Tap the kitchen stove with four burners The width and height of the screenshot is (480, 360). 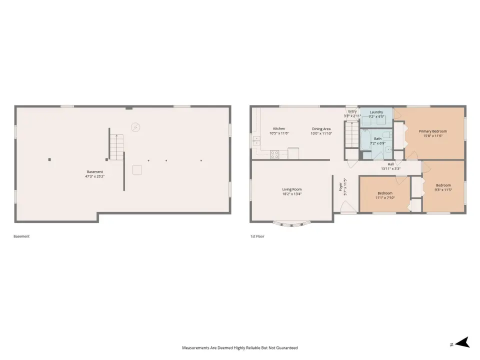click(274, 154)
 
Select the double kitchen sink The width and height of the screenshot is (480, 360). click(256, 141)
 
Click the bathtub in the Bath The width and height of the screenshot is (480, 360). click(364, 140)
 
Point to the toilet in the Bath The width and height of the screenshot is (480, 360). click(387, 134)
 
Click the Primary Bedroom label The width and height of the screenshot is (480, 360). click(432, 131)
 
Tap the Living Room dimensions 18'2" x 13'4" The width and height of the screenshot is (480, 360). click(291, 194)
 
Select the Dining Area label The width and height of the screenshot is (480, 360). click(321, 129)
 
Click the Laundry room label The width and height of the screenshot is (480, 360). click(376, 112)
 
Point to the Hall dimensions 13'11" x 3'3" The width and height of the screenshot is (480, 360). click(390, 168)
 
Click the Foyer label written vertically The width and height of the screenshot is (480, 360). click(340, 186)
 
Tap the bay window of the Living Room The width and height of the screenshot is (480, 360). click(291, 224)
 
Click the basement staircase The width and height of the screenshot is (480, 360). click(116, 147)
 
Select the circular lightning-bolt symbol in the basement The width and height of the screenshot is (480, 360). click(135, 127)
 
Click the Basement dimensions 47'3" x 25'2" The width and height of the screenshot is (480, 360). click(94, 176)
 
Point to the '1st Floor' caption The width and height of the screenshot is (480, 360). click(257, 236)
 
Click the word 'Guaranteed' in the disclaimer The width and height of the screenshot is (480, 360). click(287, 348)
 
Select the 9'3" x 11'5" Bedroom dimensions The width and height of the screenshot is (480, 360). click(443, 190)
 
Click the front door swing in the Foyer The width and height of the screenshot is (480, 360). click(348, 206)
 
